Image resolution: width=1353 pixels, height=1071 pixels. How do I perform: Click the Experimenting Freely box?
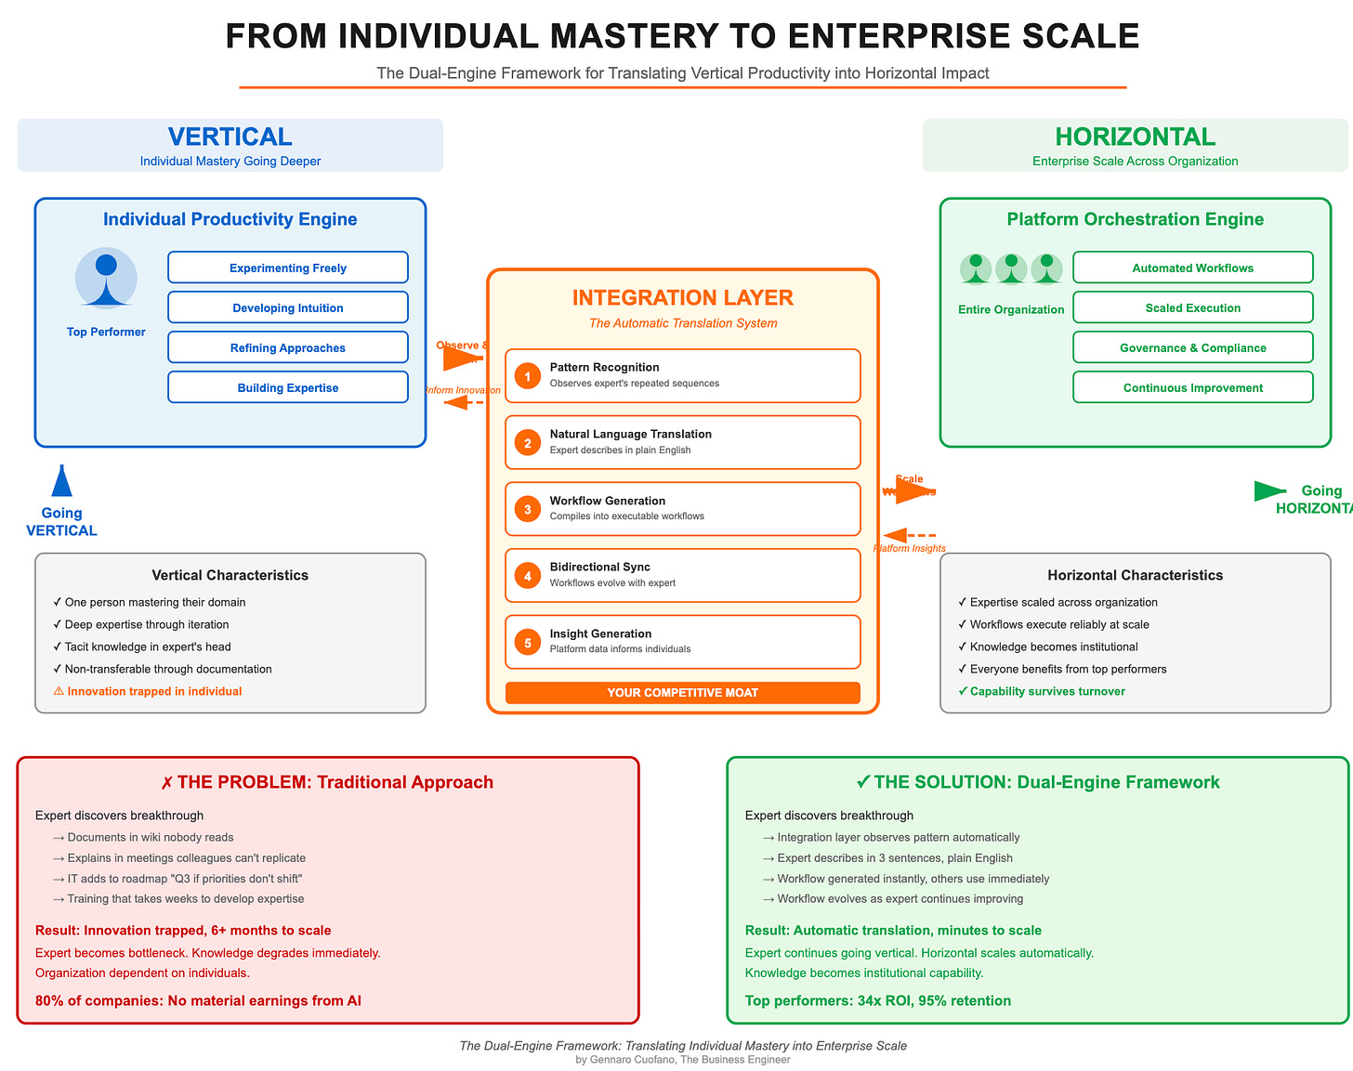(288, 268)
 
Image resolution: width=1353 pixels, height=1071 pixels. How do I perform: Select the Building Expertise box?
(288, 387)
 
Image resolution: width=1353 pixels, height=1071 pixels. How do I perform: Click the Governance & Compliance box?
(1192, 347)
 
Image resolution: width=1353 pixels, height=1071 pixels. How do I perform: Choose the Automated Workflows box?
(1192, 268)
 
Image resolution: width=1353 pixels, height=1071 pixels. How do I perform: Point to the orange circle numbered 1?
(528, 376)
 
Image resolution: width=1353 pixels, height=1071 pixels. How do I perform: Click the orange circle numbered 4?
(528, 576)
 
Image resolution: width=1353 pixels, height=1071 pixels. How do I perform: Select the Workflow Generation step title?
(607, 501)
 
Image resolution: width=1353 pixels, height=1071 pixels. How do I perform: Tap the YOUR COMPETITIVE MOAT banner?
(683, 693)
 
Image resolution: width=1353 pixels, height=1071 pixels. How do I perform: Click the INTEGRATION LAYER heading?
(683, 298)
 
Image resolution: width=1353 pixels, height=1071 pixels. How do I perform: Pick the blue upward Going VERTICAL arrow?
(62, 481)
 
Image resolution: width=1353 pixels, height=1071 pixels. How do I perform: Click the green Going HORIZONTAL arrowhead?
(1268, 491)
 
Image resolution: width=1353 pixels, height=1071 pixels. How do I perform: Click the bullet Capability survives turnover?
(1047, 691)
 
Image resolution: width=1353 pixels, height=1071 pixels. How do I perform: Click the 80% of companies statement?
(198, 1000)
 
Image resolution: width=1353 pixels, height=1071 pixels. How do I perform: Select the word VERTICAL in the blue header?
(230, 137)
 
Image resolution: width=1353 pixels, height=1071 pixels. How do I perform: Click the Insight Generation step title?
(600, 633)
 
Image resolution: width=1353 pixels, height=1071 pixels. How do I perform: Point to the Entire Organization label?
(1011, 309)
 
